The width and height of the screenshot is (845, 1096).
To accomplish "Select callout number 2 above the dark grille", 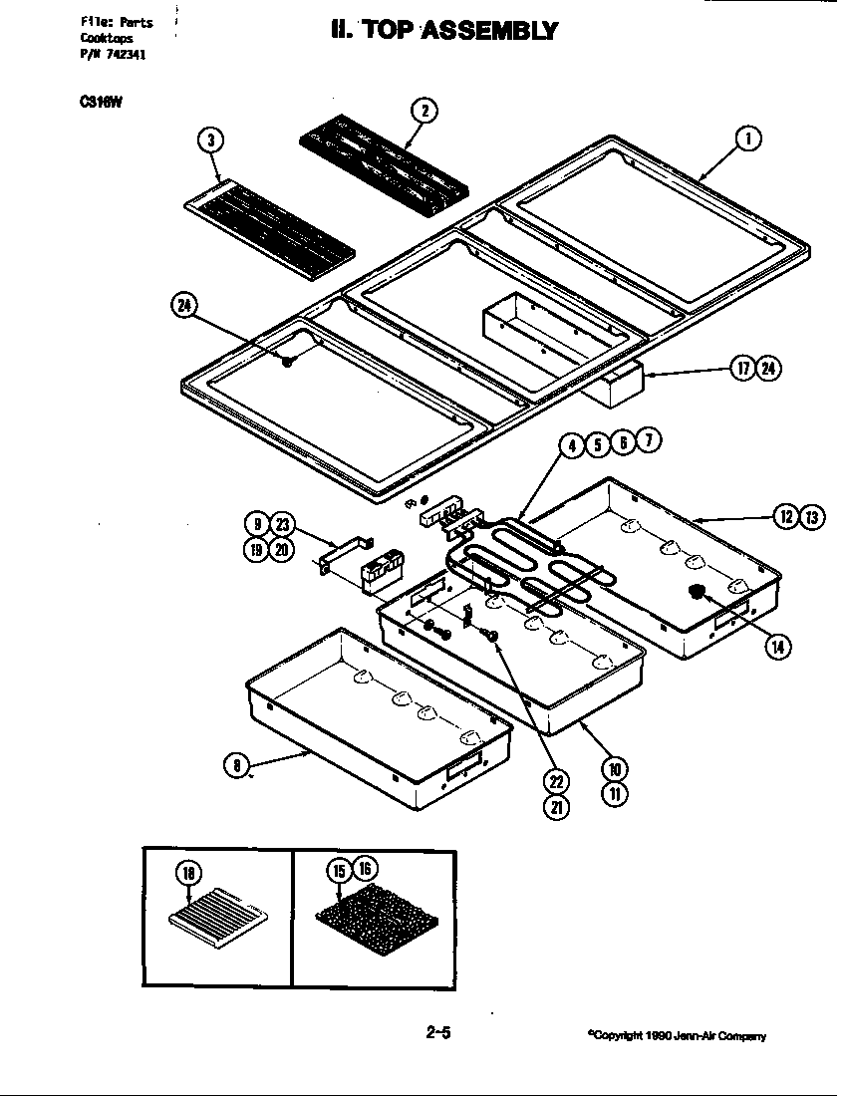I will (423, 111).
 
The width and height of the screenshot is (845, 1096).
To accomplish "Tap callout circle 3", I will (209, 140).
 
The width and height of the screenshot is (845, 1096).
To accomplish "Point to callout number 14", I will (776, 646).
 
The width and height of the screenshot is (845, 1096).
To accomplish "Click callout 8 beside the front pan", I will (235, 765).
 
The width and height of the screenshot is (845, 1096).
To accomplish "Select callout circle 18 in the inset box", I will (188, 873).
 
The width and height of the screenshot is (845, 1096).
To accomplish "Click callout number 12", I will (787, 516).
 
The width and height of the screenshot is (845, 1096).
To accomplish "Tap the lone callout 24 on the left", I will (184, 307).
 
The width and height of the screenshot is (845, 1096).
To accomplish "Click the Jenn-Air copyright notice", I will (677, 1036).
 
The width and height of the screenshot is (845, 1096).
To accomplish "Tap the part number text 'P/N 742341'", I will (113, 55).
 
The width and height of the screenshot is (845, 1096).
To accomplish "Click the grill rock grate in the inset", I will (374, 914).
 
